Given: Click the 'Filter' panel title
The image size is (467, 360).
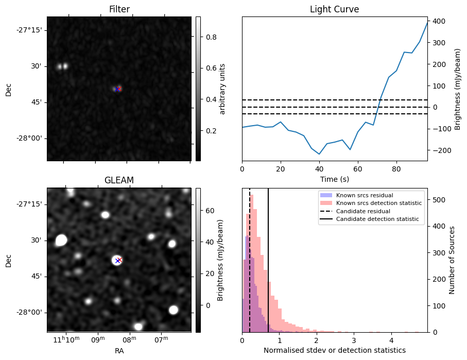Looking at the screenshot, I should (x=119, y=9).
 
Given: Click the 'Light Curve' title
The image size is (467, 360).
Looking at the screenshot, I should (x=334, y=9).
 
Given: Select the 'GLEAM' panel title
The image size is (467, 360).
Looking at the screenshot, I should (x=119, y=180).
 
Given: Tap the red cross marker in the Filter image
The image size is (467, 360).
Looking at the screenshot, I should (x=118, y=89).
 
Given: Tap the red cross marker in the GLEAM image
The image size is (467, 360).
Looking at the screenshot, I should (x=118, y=261).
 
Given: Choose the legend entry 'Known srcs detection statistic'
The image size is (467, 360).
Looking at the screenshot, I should (x=379, y=203).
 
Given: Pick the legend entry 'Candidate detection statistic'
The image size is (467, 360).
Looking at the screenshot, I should (x=377, y=220).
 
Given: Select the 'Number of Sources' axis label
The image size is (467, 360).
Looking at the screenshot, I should (x=453, y=260).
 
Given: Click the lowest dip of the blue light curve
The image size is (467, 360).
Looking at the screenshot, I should (x=319, y=154).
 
